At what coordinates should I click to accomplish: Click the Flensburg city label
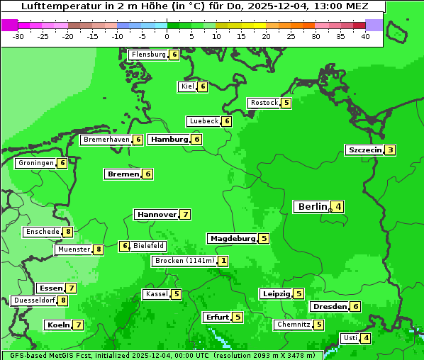(148, 55)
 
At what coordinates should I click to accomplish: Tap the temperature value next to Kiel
(203, 86)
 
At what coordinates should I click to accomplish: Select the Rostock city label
(264, 103)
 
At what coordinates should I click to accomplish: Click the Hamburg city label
(169, 140)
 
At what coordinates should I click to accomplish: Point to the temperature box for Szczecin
(391, 150)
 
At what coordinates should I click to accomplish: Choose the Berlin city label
(311, 207)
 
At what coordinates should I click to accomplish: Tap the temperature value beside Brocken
(224, 261)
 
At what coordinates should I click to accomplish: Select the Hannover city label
(156, 214)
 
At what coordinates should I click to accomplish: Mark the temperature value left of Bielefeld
(125, 246)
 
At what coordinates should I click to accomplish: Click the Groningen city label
(35, 163)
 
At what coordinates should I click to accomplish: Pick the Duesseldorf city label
(34, 300)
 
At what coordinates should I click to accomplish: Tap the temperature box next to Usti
(366, 338)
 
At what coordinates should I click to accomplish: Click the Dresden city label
(329, 307)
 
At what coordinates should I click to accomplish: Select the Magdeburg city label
(232, 239)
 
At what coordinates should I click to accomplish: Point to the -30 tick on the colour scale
(18, 36)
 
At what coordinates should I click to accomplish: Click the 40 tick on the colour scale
(365, 36)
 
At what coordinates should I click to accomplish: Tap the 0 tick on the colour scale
(167, 36)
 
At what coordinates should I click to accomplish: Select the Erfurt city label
(216, 317)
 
